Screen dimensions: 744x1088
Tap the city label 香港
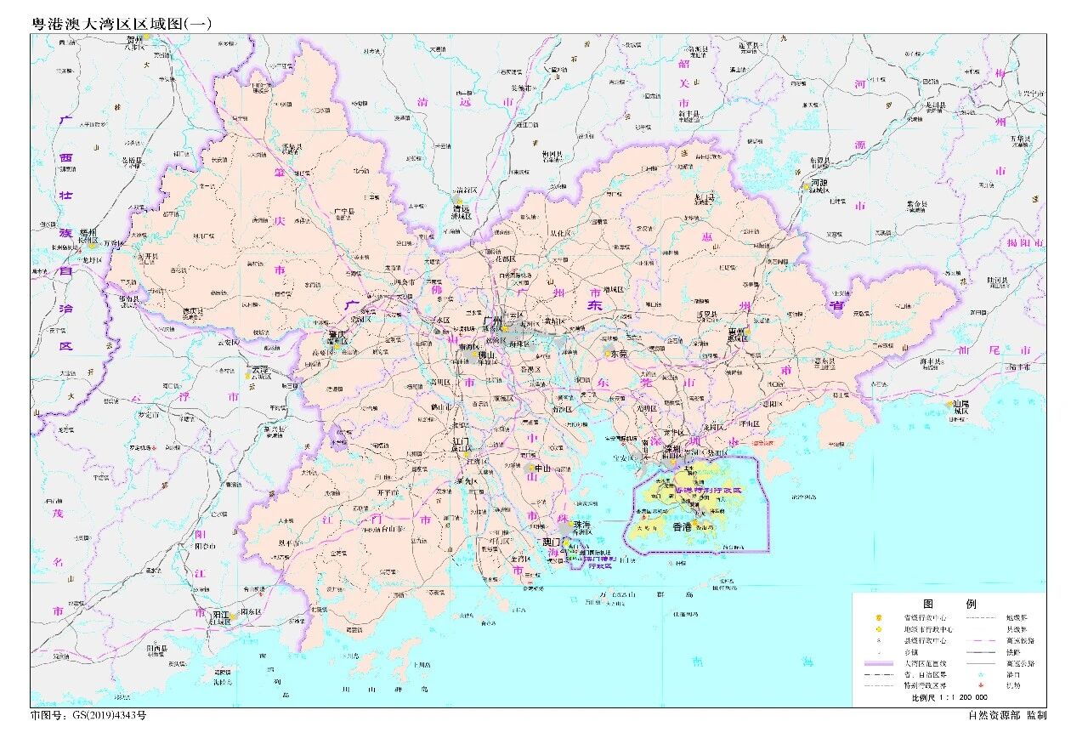(683, 527)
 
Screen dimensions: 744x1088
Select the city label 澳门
(553, 542)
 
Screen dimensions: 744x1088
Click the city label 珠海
(582, 525)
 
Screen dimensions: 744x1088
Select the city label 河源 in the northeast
(818, 182)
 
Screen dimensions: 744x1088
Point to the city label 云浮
(260, 370)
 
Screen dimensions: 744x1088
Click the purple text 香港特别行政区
(707, 491)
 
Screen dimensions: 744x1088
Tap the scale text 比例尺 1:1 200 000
(949, 697)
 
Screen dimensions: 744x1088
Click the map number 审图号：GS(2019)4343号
(88, 716)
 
